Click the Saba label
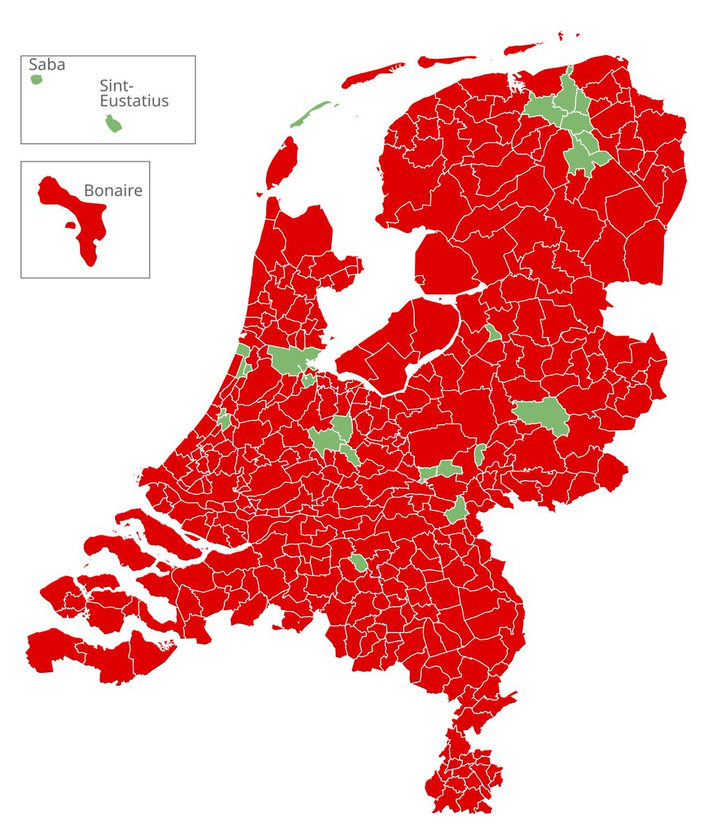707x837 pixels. [47, 65]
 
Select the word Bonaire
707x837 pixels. [113, 190]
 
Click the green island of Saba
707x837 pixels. [37, 80]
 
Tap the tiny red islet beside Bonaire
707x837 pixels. [70, 225]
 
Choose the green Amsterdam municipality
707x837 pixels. [289, 359]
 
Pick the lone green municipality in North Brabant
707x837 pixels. [359, 563]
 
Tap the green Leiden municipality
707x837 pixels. [225, 420]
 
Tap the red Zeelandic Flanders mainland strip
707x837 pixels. [98, 652]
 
